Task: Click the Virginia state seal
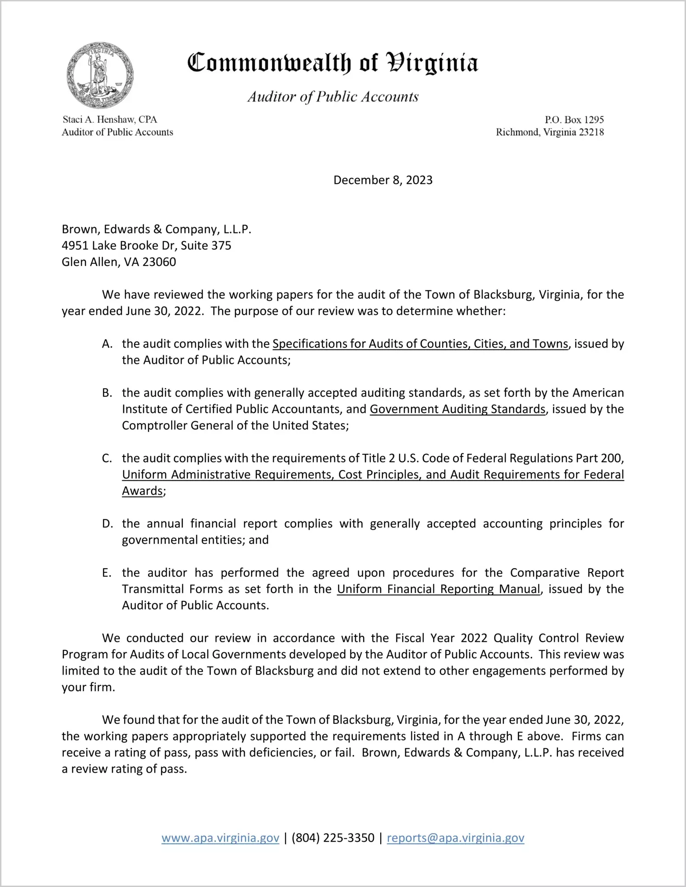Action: (x=100, y=75)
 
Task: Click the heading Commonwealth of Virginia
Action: (x=332, y=63)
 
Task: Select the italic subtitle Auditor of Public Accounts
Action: (x=333, y=96)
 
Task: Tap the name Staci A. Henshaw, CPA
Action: (x=110, y=119)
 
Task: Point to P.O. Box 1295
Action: (x=574, y=119)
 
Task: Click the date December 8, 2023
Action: (x=382, y=180)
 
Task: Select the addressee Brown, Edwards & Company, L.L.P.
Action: (x=157, y=229)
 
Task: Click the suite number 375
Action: (x=221, y=246)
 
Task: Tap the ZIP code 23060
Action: (x=159, y=262)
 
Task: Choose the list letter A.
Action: (x=107, y=344)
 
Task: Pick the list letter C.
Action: (x=107, y=458)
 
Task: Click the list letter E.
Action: (x=107, y=573)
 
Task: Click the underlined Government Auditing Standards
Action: (x=457, y=409)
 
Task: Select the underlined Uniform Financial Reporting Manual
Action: (x=439, y=589)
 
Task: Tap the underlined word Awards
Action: (x=142, y=491)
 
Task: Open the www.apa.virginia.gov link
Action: (x=220, y=838)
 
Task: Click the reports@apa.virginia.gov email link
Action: (x=455, y=838)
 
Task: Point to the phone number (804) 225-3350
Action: (x=333, y=838)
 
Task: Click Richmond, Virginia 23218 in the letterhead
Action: (x=550, y=132)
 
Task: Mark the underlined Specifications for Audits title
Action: (x=420, y=344)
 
